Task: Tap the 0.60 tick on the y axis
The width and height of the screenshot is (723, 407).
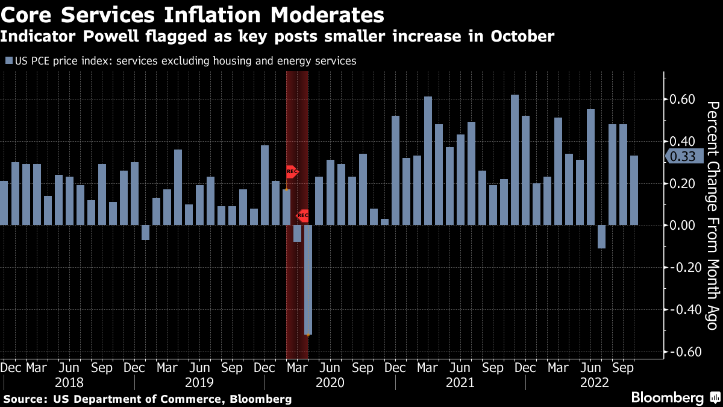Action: (683, 99)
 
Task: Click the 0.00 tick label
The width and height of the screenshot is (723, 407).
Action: (683, 226)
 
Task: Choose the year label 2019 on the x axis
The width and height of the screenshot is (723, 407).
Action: (199, 383)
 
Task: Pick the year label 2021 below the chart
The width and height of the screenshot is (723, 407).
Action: (460, 383)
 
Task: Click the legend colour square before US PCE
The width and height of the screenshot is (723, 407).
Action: (8, 60)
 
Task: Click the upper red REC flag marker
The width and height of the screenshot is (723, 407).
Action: (292, 172)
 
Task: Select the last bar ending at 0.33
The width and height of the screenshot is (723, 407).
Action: (633, 191)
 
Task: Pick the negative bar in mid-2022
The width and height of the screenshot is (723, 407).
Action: (601, 236)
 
